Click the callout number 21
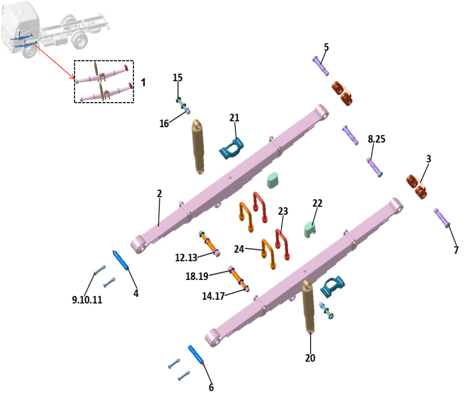tap(234, 118)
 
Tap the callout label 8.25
tap(376, 139)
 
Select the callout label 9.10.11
tap(87, 300)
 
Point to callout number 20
tap(310, 358)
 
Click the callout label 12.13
tap(186, 258)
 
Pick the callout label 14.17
tap(213, 296)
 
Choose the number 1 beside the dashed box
tap(143, 82)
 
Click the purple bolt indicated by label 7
tap(442, 218)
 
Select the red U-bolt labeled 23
tap(283, 244)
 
